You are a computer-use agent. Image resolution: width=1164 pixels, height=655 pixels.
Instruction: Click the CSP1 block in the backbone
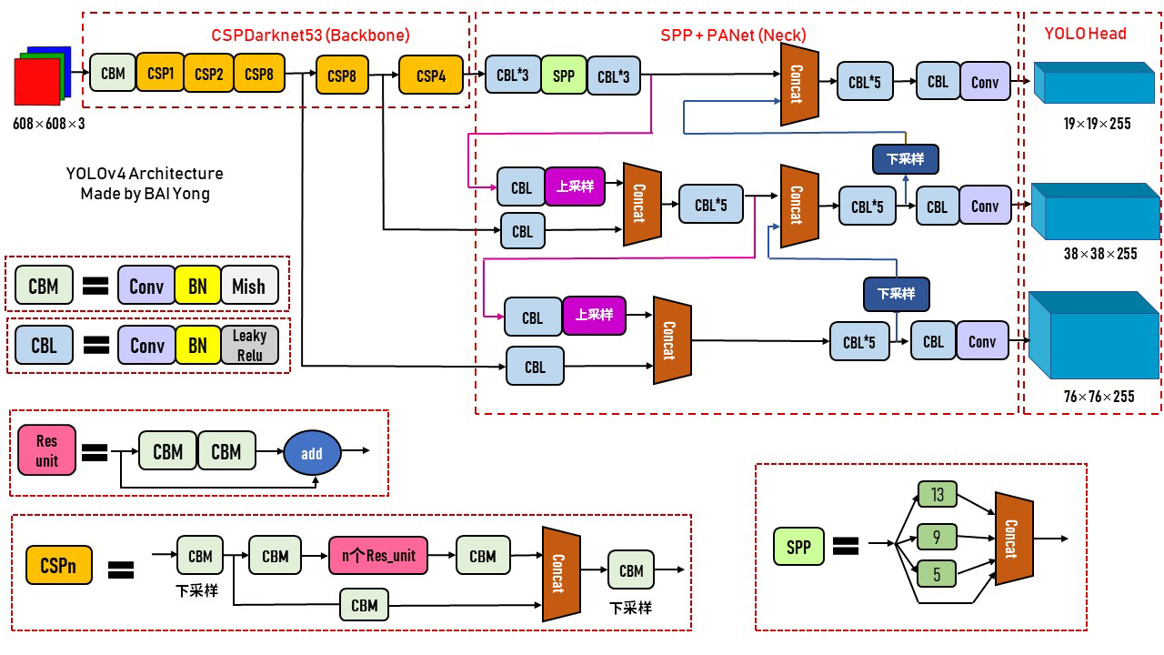(160, 73)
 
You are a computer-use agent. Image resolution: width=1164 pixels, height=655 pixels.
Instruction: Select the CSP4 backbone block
(430, 76)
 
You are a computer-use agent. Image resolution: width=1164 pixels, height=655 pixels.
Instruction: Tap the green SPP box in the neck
(564, 76)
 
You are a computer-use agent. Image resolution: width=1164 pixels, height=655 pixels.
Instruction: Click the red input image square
(36, 83)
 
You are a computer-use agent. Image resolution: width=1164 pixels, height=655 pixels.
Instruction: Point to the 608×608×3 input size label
(49, 123)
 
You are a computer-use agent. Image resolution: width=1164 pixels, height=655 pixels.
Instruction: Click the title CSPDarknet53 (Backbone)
(310, 35)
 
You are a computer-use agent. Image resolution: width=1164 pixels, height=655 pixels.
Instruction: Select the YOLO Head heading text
(1085, 34)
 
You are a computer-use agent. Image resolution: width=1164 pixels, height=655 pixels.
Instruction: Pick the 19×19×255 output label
(1097, 123)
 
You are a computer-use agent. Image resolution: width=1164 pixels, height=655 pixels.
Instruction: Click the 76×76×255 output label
(1099, 396)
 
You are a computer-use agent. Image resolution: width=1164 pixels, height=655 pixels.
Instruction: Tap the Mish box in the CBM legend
(247, 287)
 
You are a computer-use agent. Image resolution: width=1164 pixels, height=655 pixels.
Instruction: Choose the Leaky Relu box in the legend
(249, 346)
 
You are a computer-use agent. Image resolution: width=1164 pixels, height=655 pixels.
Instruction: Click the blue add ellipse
(312, 453)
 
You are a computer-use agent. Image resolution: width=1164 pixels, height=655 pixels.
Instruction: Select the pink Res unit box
(47, 451)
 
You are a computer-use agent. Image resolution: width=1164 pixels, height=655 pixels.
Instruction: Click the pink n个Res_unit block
(378, 556)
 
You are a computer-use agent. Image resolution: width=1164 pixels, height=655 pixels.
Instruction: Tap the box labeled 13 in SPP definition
(938, 495)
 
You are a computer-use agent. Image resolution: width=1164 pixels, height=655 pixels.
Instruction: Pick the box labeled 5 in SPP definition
(938, 574)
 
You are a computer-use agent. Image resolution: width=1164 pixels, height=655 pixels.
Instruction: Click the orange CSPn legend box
(59, 565)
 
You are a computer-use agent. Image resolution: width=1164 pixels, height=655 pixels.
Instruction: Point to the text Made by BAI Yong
(145, 193)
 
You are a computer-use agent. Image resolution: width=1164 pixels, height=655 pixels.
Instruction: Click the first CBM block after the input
(113, 73)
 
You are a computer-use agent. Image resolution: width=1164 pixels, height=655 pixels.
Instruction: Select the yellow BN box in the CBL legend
(197, 346)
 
